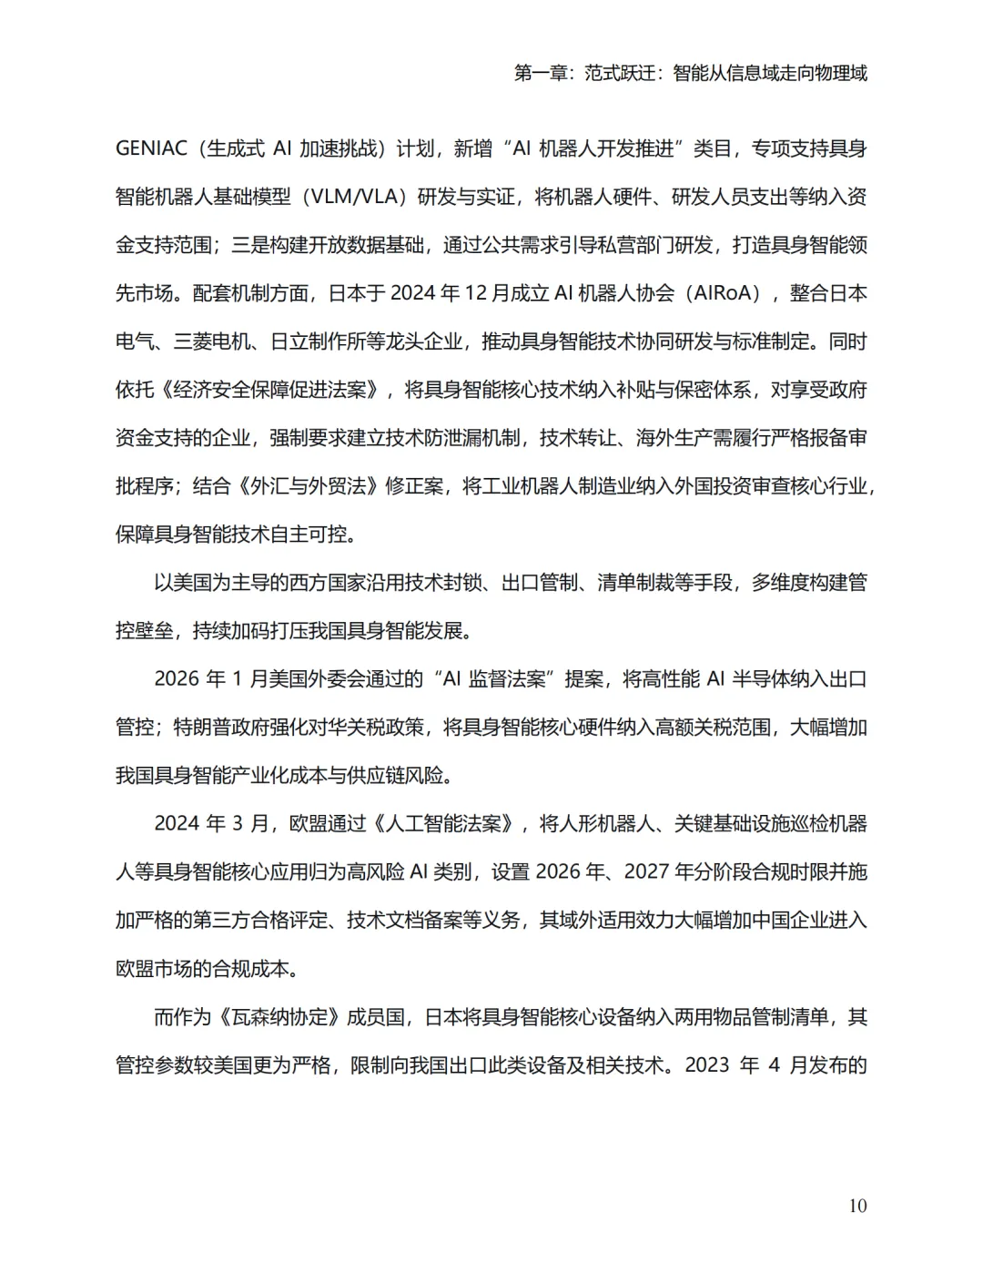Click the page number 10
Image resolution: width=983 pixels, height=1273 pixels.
coord(857,1206)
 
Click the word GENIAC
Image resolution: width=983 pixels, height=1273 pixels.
coord(151,148)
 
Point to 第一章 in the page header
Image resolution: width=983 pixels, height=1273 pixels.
coord(542,73)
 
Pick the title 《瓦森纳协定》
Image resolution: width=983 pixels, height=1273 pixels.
coord(279,1017)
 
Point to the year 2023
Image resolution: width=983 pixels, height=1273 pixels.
coord(707,1065)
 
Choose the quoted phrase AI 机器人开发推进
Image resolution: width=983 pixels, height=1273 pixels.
coord(593,148)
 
